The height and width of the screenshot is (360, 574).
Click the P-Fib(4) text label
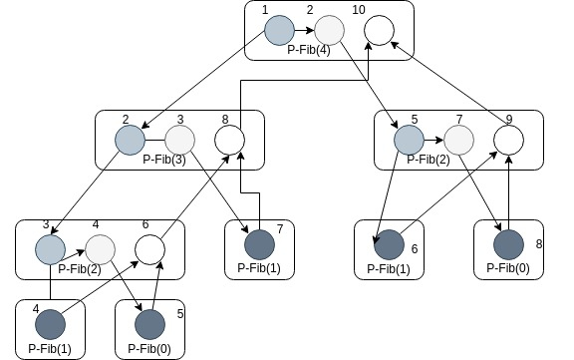tap(309, 50)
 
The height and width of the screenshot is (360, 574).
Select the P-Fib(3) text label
tap(164, 160)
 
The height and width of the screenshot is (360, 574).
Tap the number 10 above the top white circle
tap(359, 10)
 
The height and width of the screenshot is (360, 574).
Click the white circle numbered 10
tap(380, 30)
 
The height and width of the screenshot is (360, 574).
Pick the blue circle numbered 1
tap(279, 30)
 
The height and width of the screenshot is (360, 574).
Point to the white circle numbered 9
tap(508, 140)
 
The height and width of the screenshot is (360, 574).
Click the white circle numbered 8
tap(229, 140)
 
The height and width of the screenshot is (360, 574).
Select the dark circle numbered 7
tap(259, 244)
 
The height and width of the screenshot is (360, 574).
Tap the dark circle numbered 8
tap(508, 244)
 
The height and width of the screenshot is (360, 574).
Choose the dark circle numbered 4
tap(50, 324)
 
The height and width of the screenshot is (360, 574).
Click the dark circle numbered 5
tap(149, 324)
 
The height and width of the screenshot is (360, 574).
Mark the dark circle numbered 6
tap(389, 244)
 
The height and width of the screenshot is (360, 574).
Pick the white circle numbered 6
tap(149, 249)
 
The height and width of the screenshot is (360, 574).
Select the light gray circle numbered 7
tap(458, 140)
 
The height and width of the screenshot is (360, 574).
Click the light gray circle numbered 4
tap(100, 249)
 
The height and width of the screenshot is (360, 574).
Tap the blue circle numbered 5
tap(409, 140)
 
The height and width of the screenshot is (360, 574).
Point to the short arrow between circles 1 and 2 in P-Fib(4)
tap(305, 30)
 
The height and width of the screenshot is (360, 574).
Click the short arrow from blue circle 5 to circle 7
tap(433, 140)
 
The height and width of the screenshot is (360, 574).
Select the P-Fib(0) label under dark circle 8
tap(508, 268)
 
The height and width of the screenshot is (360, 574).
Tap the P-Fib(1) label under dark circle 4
tap(50, 348)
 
